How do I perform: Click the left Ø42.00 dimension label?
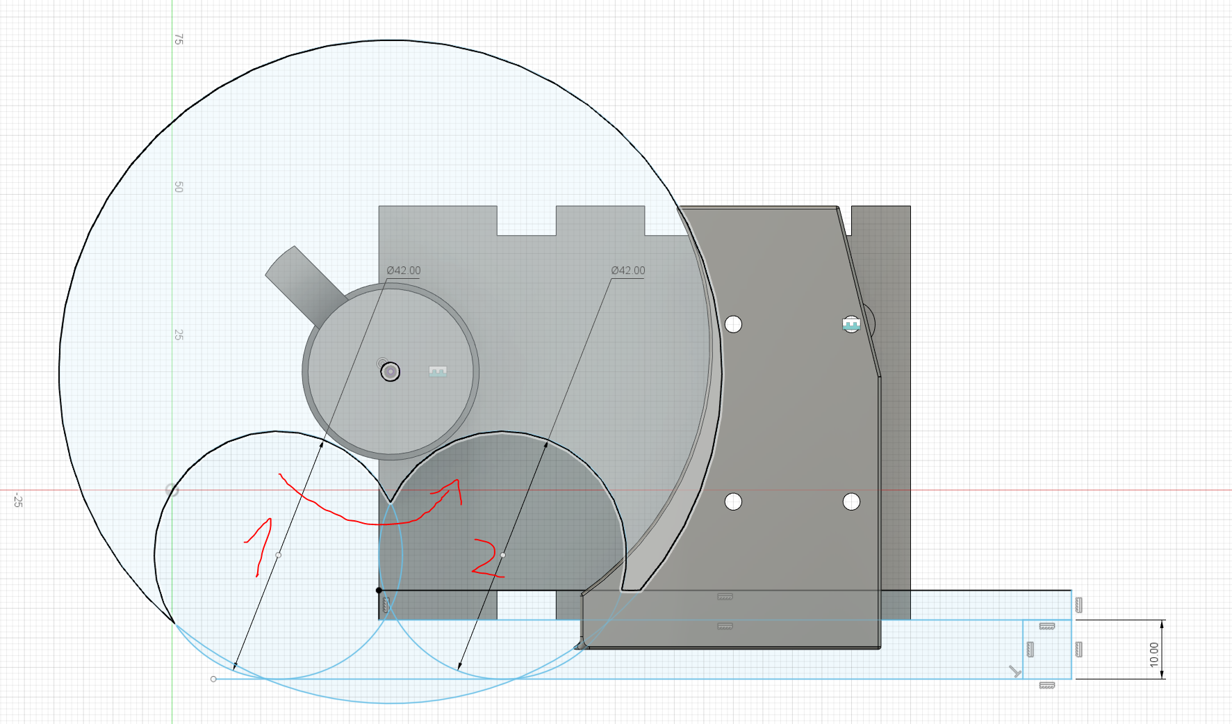(x=404, y=271)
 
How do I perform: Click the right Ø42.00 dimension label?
(x=628, y=271)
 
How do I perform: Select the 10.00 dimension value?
(x=1154, y=654)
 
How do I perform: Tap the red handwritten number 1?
(x=260, y=547)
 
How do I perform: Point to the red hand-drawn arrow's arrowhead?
(x=454, y=485)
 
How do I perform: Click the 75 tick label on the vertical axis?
(x=179, y=40)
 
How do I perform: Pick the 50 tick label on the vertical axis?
(x=179, y=187)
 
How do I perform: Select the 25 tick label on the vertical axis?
(x=179, y=335)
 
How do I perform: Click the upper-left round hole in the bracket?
(x=733, y=324)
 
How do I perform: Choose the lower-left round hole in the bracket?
(x=733, y=501)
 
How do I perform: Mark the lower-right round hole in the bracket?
(x=851, y=501)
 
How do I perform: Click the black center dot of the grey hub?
(x=391, y=372)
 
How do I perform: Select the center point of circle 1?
(x=279, y=555)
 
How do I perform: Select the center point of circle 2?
(x=503, y=555)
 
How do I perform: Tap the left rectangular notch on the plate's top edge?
(x=526, y=220)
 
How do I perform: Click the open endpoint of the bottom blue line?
(x=213, y=679)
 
